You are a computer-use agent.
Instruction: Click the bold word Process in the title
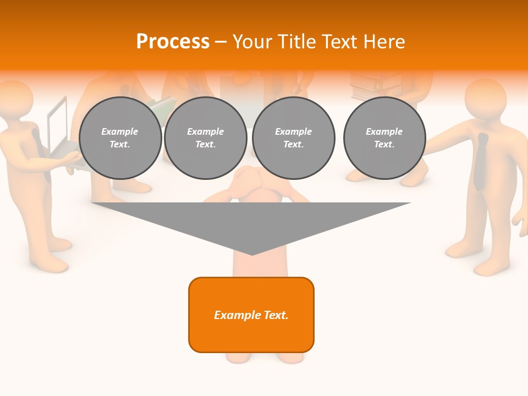coord(173,42)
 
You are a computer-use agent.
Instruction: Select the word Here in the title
coord(384,42)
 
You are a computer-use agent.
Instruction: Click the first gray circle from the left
coord(120,138)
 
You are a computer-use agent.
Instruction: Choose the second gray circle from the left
coord(206,138)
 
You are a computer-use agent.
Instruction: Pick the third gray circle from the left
coord(294,138)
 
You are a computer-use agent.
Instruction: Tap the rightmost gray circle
coord(384,138)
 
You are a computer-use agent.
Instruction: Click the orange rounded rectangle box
coord(251,315)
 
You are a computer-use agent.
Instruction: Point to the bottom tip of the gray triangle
coord(252,254)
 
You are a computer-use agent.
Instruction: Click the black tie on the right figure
coord(482,159)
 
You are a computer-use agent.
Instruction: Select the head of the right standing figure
coord(485,99)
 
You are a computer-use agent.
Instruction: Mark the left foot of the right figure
coord(462,250)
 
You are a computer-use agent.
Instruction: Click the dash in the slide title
coord(221,42)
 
